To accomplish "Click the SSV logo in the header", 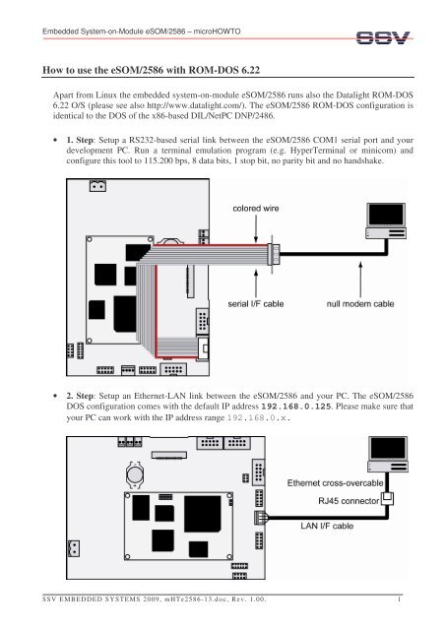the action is click(383, 37).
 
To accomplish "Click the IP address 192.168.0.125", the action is click(296, 407).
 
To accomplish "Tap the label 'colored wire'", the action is click(256, 209).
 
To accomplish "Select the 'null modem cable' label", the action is click(360, 304).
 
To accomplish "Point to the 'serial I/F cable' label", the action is click(256, 304).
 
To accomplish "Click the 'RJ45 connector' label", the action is click(349, 501).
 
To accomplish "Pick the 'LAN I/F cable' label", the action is click(327, 526).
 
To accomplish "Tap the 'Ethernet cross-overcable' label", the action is click(336, 483).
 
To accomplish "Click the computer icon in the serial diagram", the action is click(386, 220).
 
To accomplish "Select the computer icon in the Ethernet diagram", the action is click(388, 454).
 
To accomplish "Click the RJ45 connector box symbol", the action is click(387, 499).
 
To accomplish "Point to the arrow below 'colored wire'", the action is click(256, 228).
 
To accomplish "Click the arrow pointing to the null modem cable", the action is click(360, 280).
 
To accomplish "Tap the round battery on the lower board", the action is click(135, 474).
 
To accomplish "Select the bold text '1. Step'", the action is click(80, 140).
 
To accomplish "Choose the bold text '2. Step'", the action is click(80, 396).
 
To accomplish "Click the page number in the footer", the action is click(399, 599).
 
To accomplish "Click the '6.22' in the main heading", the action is click(250, 70).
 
